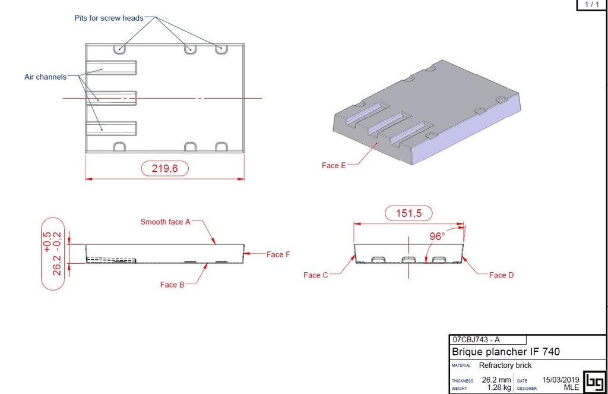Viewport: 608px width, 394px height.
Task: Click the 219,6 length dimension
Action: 164,169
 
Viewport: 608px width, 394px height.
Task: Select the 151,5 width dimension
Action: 408,213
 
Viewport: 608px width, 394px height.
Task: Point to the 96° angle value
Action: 437,237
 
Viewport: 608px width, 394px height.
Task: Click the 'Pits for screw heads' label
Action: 109,18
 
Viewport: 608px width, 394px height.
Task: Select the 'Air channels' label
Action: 45,77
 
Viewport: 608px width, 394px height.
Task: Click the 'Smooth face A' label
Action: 165,222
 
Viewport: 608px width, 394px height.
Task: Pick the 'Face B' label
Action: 172,285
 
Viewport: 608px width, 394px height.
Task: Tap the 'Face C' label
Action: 315,275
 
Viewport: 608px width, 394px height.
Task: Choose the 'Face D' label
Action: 501,275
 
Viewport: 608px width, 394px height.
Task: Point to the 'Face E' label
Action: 334,165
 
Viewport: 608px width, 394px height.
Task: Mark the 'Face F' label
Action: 278,254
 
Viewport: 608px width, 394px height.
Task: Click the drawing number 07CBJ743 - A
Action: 476,340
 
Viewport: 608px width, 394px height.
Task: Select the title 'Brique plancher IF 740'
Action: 505,352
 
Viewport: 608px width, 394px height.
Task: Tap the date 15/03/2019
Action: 560,380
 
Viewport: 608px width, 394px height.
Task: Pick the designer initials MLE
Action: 571,387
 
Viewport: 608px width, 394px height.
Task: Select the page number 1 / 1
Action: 592,5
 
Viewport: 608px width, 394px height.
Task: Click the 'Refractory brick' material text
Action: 505,365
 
